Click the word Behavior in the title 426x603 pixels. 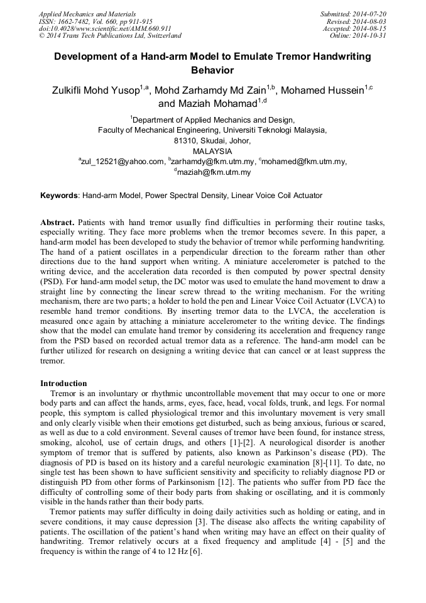[212, 70]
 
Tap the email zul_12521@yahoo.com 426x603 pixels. [123, 162]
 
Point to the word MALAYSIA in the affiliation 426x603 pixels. [212, 151]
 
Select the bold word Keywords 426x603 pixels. [59, 196]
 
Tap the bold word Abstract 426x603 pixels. [58, 223]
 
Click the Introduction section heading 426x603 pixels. [63, 383]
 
